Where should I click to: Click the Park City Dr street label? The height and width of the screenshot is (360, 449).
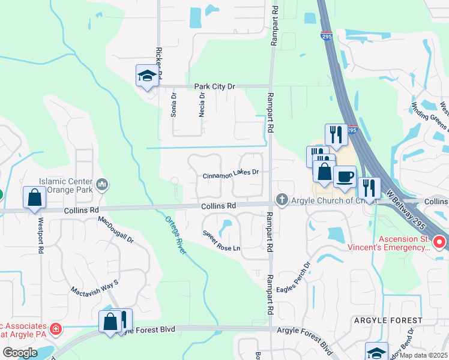tap(215, 86)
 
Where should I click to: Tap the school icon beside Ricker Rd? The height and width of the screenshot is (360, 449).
tap(147, 76)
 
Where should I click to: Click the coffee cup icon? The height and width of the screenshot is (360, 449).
tap(345, 176)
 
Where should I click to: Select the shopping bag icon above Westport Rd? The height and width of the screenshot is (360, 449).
tap(34, 197)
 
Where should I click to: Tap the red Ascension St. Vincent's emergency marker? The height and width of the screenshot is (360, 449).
tap(439, 242)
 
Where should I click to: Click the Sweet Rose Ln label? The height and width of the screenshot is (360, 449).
tap(221, 241)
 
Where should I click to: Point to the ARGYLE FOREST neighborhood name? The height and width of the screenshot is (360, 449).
tap(388, 321)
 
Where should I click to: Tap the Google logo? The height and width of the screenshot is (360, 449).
tap(20, 352)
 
